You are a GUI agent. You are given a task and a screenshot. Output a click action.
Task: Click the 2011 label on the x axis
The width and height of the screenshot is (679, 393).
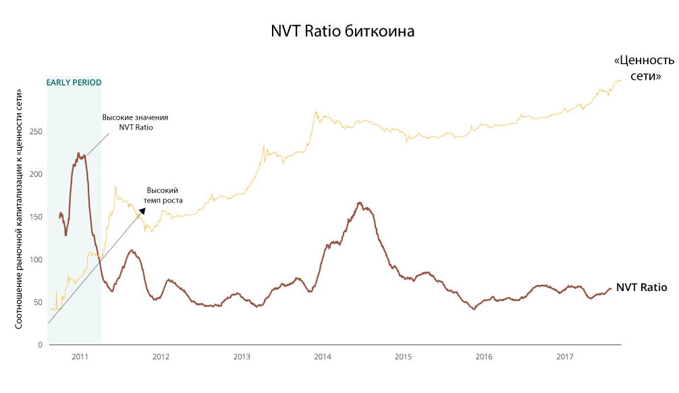(x=80, y=356)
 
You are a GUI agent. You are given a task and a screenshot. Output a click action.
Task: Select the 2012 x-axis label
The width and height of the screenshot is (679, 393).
(x=161, y=356)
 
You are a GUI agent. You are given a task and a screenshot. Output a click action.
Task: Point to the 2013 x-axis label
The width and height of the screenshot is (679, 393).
(x=242, y=356)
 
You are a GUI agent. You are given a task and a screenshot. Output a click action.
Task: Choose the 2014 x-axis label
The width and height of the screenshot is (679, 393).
(x=323, y=356)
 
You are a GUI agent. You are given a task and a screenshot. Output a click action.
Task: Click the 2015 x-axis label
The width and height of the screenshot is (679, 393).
(x=403, y=356)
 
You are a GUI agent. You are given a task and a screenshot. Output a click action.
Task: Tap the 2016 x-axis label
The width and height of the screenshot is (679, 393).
(x=484, y=356)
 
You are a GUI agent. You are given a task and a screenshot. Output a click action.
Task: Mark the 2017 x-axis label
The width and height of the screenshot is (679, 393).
(x=565, y=356)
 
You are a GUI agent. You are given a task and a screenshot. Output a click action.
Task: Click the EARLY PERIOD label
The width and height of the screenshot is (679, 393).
(x=74, y=82)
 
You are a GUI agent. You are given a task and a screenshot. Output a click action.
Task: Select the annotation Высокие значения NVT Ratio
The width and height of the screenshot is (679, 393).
(x=135, y=122)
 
